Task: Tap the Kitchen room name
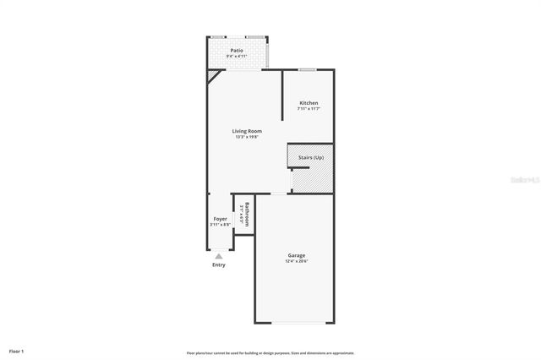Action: (x=309, y=103)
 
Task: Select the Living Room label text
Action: (x=248, y=131)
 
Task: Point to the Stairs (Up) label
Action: (x=310, y=158)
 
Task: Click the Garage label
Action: (x=297, y=254)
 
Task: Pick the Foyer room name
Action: (x=220, y=219)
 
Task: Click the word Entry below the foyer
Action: (x=219, y=265)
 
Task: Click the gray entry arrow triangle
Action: (x=219, y=255)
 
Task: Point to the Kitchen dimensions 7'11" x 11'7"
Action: (x=309, y=109)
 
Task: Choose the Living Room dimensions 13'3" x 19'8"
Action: (x=248, y=137)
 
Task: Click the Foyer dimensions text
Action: (x=220, y=225)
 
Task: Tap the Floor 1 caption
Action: (x=16, y=350)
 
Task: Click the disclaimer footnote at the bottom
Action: (x=270, y=352)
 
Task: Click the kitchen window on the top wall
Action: (x=308, y=69)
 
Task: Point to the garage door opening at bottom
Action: (x=297, y=322)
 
